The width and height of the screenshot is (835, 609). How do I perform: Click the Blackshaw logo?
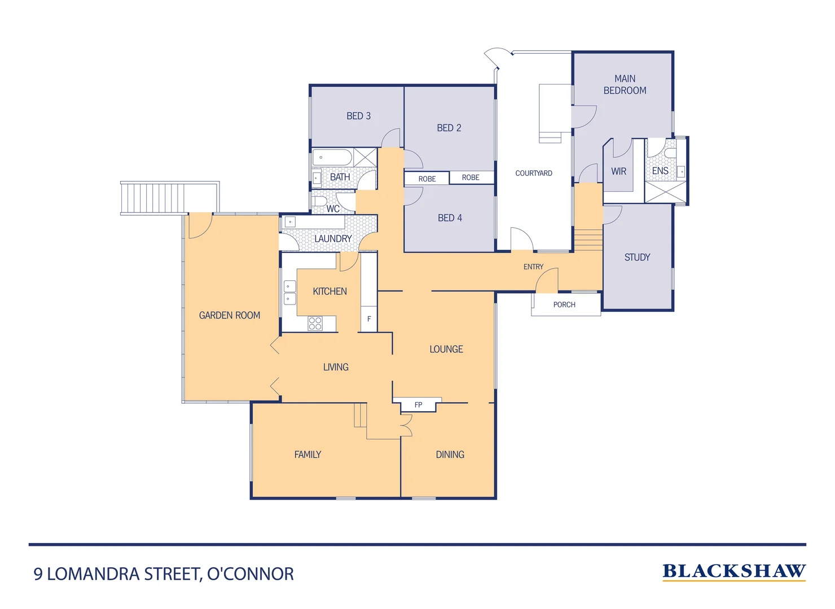click(x=733, y=571)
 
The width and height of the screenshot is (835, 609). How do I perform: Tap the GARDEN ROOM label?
click(x=230, y=315)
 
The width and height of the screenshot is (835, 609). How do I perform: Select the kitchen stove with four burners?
click(x=315, y=323)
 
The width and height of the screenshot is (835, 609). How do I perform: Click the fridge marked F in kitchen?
click(x=369, y=319)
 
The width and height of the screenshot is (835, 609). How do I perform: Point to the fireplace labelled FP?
click(x=418, y=405)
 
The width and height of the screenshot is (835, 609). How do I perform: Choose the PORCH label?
click(x=564, y=304)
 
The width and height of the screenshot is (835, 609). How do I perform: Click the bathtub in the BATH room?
click(x=333, y=157)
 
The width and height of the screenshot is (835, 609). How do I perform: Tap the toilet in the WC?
click(x=319, y=201)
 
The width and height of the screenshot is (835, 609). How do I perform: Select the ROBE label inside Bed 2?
click(x=471, y=178)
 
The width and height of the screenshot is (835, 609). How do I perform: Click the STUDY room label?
click(x=637, y=257)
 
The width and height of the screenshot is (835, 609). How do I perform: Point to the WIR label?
click(x=618, y=171)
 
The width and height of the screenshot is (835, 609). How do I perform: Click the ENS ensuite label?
click(x=660, y=171)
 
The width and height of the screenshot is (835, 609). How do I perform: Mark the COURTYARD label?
click(x=534, y=173)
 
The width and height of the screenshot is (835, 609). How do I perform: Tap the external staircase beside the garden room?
click(x=152, y=197)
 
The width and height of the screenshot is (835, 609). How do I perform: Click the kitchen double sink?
click(x=289, y=293)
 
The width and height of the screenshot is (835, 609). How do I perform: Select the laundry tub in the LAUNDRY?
click(x=290, y=222)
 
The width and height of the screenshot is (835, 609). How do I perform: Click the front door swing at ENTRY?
click(x=547, y=280)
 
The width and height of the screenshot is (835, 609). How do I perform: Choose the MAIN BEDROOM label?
click(x=625, y=85)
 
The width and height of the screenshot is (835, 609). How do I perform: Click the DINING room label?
click(x=450, y=454)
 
